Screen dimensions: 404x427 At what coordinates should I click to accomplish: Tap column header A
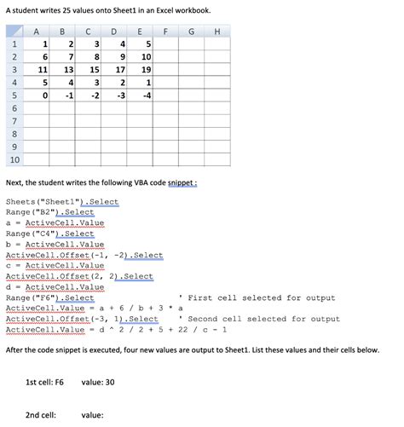[x=38, y=32]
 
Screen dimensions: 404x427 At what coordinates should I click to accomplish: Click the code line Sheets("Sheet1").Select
[x=62, y=202]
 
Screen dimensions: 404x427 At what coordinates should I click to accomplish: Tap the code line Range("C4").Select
[x=50, y=233]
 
